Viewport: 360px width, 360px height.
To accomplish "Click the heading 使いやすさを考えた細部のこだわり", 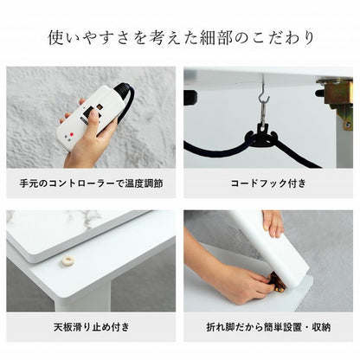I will pos(180,38).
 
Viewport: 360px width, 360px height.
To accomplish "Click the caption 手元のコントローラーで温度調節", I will pos(90,183).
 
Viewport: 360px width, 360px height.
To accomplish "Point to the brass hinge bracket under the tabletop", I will pos(333,90).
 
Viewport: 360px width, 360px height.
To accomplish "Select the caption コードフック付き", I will pos(268,183).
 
